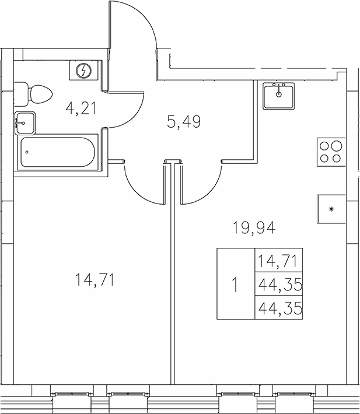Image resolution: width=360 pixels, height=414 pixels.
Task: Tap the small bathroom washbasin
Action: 25,122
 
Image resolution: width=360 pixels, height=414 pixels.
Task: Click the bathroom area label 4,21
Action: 81,108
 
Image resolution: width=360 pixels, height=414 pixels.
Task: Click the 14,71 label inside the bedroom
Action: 93,280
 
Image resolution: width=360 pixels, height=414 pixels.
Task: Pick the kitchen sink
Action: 279,96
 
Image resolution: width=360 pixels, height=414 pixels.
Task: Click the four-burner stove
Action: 330,151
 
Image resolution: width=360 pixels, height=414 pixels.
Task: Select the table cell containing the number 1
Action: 235,284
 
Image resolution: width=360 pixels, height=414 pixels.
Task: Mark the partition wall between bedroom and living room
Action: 173,280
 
